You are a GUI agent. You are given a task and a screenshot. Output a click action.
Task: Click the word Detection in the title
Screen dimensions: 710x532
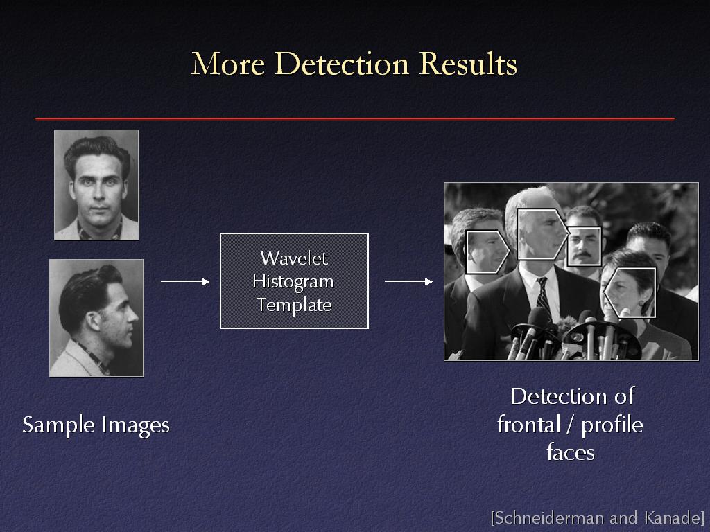pyautogui.click(x=341, y=63)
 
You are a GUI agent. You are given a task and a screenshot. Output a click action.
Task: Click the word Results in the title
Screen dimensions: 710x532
pyautogui.click(x=468, y=63)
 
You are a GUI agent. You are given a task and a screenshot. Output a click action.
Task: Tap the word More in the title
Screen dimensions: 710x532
pyautogui.click(x=227, y=63)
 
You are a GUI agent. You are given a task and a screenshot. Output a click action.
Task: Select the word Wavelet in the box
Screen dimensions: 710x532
pyautogui.click(x=294, y=258)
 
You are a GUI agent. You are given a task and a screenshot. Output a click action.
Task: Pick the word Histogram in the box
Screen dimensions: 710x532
pyautogui.click(x=293, y=282)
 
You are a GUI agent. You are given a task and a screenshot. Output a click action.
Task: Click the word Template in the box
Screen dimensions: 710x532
pyautogui.click(x=294, y=305)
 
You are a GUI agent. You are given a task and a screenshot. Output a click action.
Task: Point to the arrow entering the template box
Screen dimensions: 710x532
pyautogui.click(x=185, y=281)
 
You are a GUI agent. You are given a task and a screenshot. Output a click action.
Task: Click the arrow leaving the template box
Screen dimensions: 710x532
pyautogui.click(x=409, y=281)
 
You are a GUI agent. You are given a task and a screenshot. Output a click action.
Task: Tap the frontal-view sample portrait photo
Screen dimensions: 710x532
pyautogui.click(x=96, y=185)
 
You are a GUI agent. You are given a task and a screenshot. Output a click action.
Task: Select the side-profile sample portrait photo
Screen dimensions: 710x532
pyautogui.click(x=96, y=318)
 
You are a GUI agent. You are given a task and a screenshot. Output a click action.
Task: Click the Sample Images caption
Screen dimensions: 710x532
pyautogui.click(x=96, y=425)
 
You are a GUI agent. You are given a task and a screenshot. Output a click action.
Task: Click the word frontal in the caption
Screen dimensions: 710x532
pyautogui.click(x=529, y=425)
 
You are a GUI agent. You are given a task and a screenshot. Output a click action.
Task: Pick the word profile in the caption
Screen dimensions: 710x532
pyautogui.click(x=612, y=425)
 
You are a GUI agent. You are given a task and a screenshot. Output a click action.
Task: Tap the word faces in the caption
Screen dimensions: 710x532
pyautogui.click(x=571, y=452)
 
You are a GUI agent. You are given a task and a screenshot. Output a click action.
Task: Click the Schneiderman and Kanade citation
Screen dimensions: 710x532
pyautogui.click(x=598, y=517)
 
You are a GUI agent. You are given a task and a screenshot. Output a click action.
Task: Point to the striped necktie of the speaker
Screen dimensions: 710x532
pyautogui.click(x=544, y=299)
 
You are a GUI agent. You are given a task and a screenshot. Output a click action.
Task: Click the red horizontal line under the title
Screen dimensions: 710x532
pyautogui.click(x=355, y=118)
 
